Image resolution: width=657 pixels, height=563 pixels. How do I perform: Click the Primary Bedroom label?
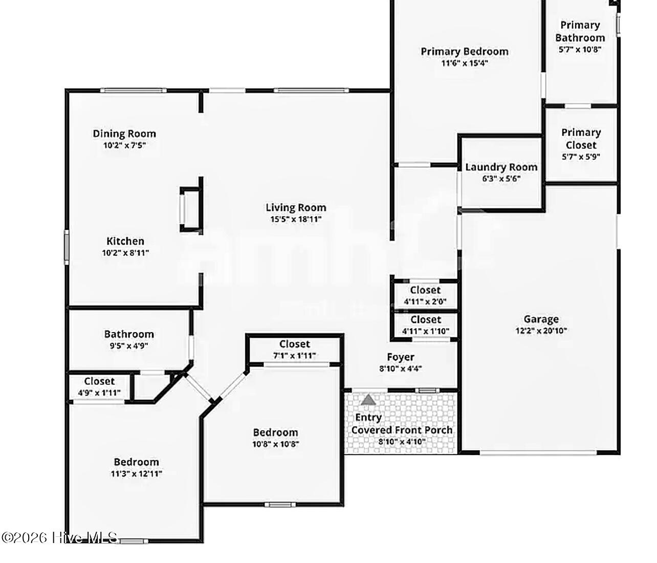pyautogui.click(x=465, y=52)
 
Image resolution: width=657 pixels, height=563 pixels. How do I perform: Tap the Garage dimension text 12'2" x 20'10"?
pyautogui.click(x=541, y=331)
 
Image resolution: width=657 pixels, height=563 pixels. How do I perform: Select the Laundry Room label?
pyautogui.click(x=501, y=167)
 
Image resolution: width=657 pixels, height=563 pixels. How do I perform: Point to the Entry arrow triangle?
pyautogui.click(x=368, y=400)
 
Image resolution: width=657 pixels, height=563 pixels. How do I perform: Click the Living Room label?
pyautogui.click(x=296, y=207)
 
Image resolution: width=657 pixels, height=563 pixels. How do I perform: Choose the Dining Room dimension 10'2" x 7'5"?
pyautogui.click(x=124, y=145)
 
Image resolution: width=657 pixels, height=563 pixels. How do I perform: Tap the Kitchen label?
pyautogui.click(x=125, y=241)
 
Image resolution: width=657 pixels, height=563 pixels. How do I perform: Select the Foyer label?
pyautogui.click(x=400, y=357)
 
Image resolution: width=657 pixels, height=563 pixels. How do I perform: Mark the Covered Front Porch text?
pyautogui.click(x=402, y=430)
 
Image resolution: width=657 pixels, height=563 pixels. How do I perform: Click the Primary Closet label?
pyautogui.click(x=581, y=139)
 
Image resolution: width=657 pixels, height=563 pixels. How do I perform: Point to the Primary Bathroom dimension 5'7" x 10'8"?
pyautogui.click(x=580, y=50)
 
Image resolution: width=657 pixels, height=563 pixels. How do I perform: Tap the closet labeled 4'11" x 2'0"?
pyautogui.click(x=425, y=295)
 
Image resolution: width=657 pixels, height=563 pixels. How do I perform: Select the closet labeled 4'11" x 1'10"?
pyautogui.click(x=425, y=325)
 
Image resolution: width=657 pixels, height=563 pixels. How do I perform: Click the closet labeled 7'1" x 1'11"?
pyautogui.click(x=294, y=349)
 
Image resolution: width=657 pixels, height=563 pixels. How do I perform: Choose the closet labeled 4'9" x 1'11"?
pyautogui.click(x=99, y=386)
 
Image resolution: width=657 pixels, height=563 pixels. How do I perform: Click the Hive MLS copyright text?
pyautogui.click(x=60, y=538)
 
